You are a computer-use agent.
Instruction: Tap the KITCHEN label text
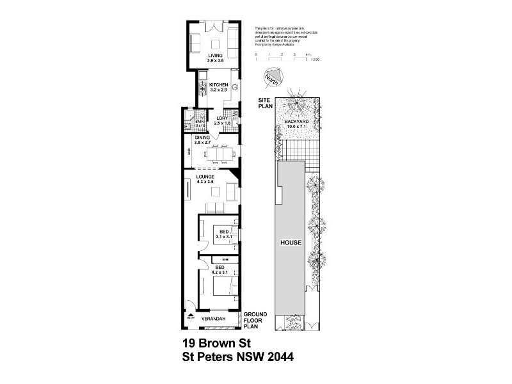pyautogui.click(x=219, y=85)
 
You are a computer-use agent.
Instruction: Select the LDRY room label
pyautogui.click(x=222, y=118)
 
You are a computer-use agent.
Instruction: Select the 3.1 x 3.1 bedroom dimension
pyautogui.click(x=224, y=236)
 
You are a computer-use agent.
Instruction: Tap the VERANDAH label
pyautogui.click(x=212, y=317)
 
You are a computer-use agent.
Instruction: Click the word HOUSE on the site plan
pyautogui.click(x=291, y=244)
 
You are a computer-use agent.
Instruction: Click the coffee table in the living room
pyautogui.click(x=215, y=44)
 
